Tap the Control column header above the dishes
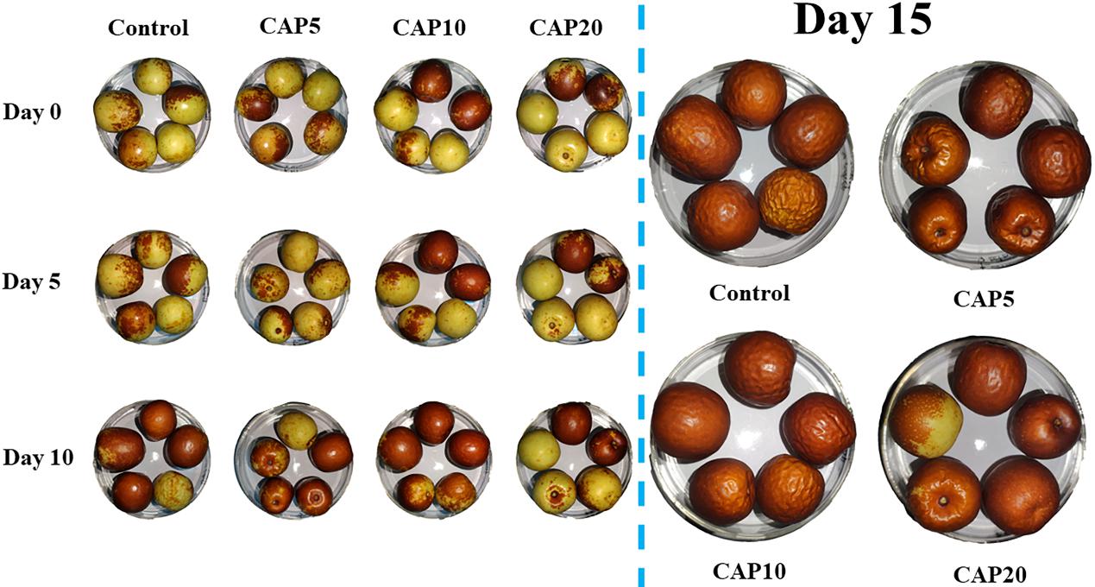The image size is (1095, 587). (148, 28)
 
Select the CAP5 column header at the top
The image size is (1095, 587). (289, 26)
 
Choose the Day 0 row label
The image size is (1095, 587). (33, 112)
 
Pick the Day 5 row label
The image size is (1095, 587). (33, 281)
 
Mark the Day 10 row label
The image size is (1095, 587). (36, 455)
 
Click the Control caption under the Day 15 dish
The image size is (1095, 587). (749, 293)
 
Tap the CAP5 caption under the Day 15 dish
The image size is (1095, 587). (985, 299)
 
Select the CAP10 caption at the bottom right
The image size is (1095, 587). (749, 571)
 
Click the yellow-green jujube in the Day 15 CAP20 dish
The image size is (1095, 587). (926, 420)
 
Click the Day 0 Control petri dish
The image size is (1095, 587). (151, 114)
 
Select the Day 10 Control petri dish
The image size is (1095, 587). (151, 458)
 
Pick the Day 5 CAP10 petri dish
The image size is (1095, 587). (431, 285)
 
